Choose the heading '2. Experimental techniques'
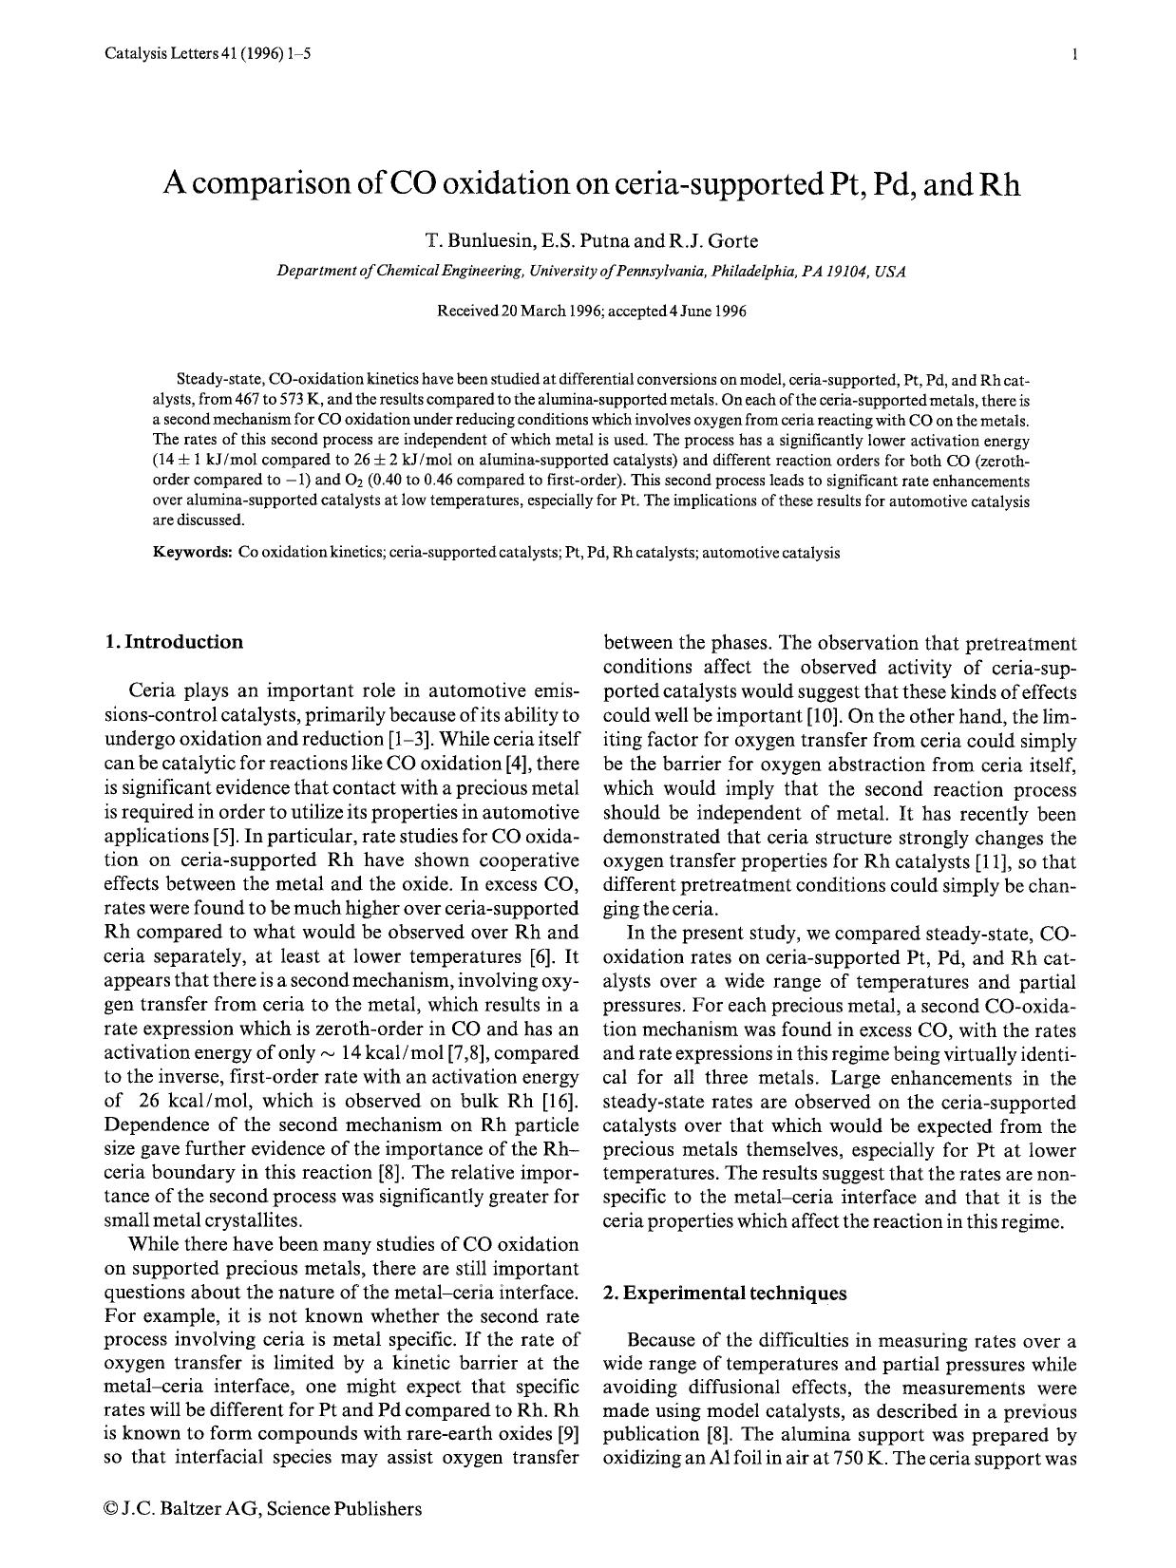[x=725, y=1294]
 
